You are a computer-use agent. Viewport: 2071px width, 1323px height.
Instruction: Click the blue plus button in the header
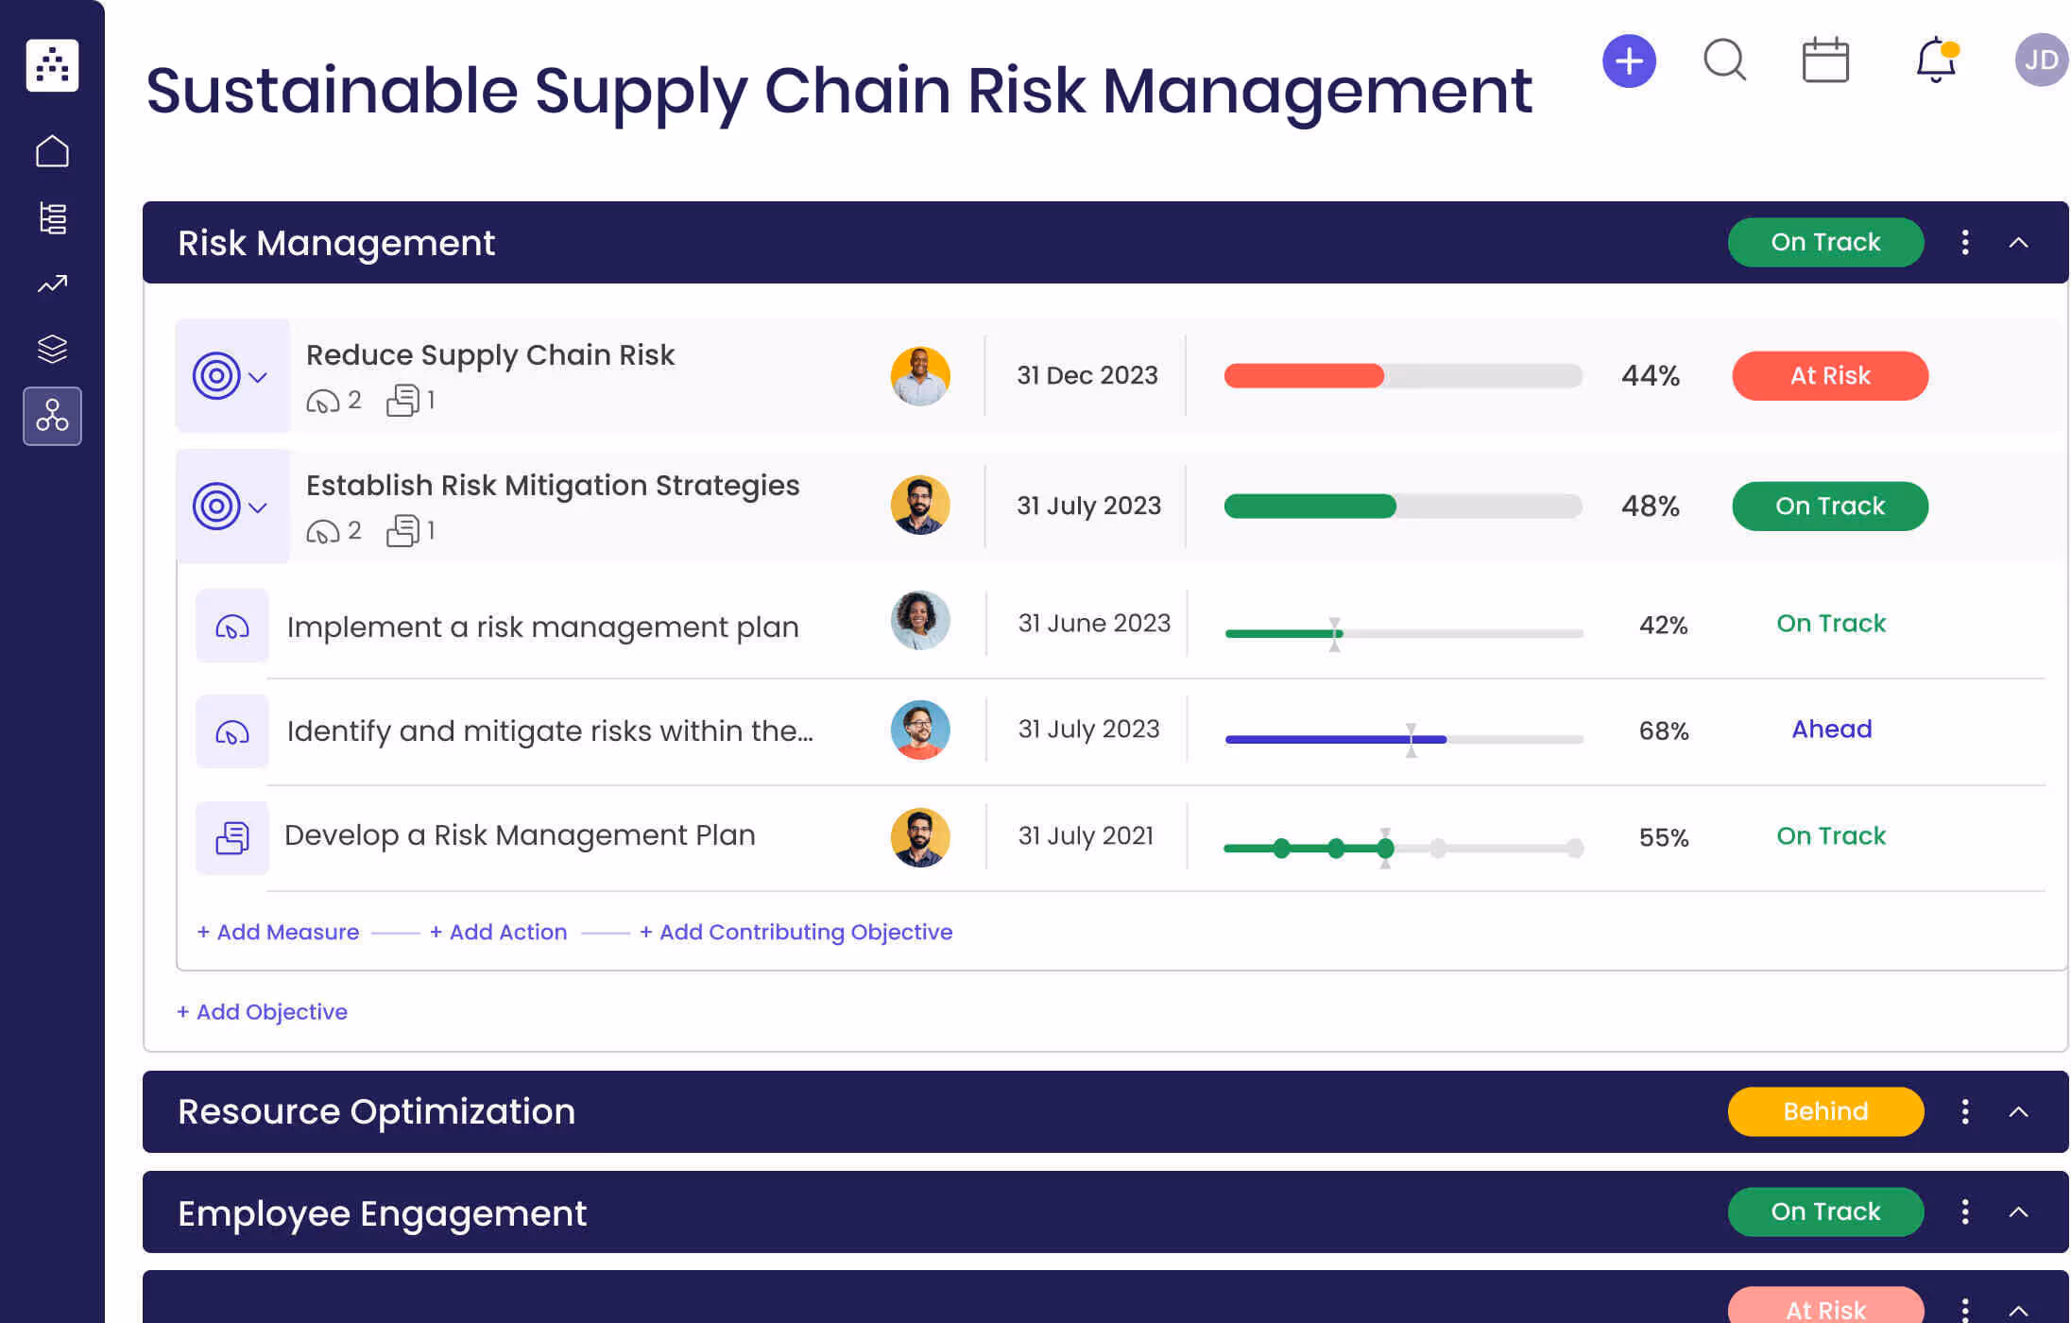click(x=1629, y=61)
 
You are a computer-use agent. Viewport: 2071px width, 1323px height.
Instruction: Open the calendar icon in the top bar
click(x=1824, y=60)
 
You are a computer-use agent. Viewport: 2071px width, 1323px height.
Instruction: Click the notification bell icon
click(x=1935, y=60)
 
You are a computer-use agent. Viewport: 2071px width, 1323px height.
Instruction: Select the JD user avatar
click(x=2041, y=60)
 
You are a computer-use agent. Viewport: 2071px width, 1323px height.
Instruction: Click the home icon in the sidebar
click(x=52, y=151)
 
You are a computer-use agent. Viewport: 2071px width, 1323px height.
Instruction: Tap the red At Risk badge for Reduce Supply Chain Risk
click(x=1829, y=376)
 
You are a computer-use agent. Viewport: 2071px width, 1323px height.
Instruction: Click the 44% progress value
click(x=1650, y=376)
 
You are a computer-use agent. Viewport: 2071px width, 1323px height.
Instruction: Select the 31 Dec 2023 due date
click(x=1087, y=376)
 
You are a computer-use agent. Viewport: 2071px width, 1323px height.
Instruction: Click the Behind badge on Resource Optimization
click(x=1824, y=1111)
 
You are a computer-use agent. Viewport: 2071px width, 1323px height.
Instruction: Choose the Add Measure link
click(x=279, y=932)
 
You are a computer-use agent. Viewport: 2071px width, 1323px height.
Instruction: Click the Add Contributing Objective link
click(x=796, y=932)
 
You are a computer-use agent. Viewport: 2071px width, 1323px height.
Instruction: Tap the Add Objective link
click(x=263, y=1012)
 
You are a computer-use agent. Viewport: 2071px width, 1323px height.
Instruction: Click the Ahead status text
click(x=1831, y=730)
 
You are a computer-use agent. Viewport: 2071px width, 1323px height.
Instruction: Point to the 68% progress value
click(x=1663, y=730)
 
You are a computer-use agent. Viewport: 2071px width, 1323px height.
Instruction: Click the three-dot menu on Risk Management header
click(x=1965, y=243)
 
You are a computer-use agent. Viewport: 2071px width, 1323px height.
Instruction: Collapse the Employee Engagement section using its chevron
click(x=2018, y=1212)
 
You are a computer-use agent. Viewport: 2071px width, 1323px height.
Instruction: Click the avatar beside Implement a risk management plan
click(x=919, y=621)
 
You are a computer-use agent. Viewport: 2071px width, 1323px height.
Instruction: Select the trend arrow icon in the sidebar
click(x=52, y=283)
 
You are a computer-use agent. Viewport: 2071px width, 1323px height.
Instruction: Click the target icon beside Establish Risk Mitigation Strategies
click(x=216, y=507)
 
